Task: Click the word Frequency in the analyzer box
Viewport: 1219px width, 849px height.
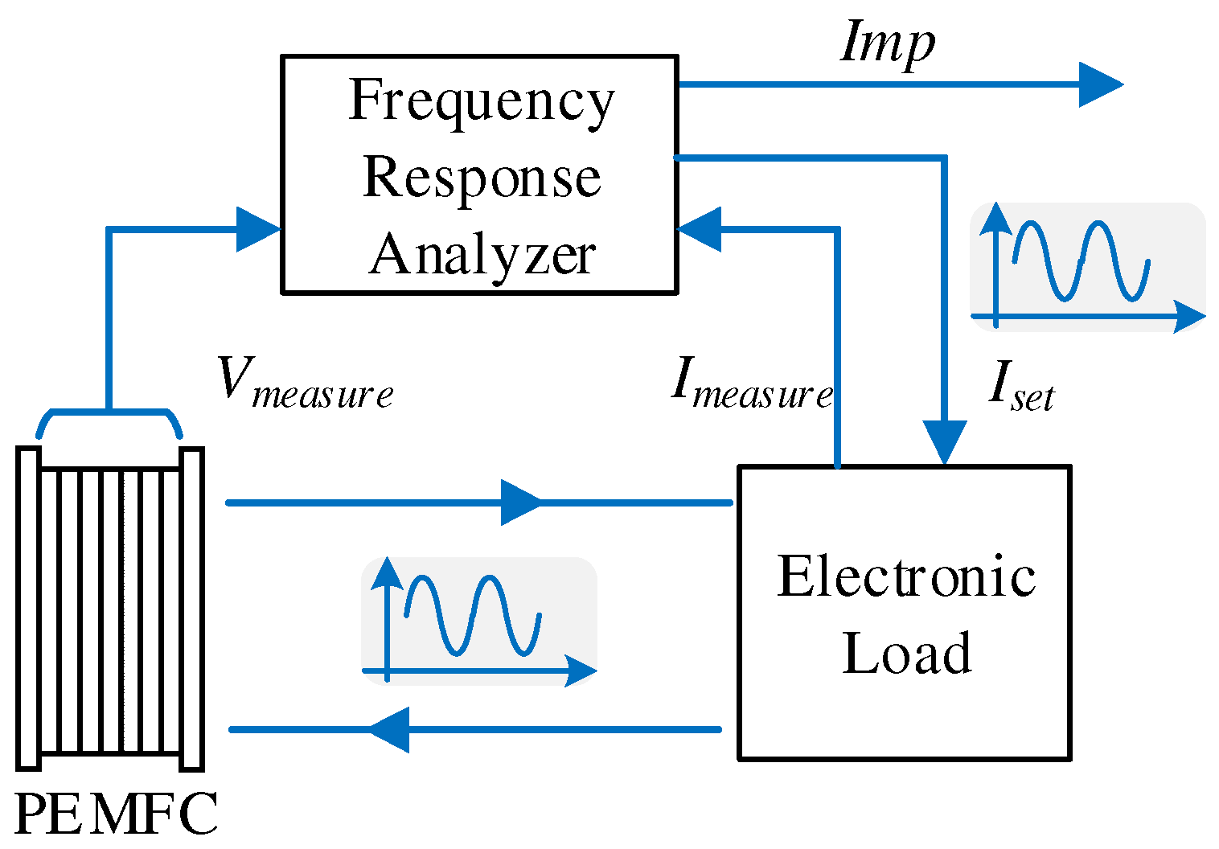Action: point(480,103)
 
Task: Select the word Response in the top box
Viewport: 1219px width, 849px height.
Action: point(481,178)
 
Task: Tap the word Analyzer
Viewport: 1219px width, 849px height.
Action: point(482,255)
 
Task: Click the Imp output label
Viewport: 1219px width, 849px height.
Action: point(887,43)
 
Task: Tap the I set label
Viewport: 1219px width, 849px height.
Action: point(1020,385)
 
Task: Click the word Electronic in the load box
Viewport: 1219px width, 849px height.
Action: point(905,577)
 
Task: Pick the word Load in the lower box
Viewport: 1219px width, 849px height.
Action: point(906,653)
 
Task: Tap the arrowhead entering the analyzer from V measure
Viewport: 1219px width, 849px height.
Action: point(257,230)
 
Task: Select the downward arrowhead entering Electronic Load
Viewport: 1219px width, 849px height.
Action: point(945,442)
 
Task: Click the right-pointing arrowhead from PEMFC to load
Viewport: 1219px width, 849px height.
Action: point(520,502)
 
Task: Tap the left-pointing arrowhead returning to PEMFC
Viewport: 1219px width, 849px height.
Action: point(390,730)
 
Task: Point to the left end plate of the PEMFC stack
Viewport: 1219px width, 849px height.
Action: point(28,608)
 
